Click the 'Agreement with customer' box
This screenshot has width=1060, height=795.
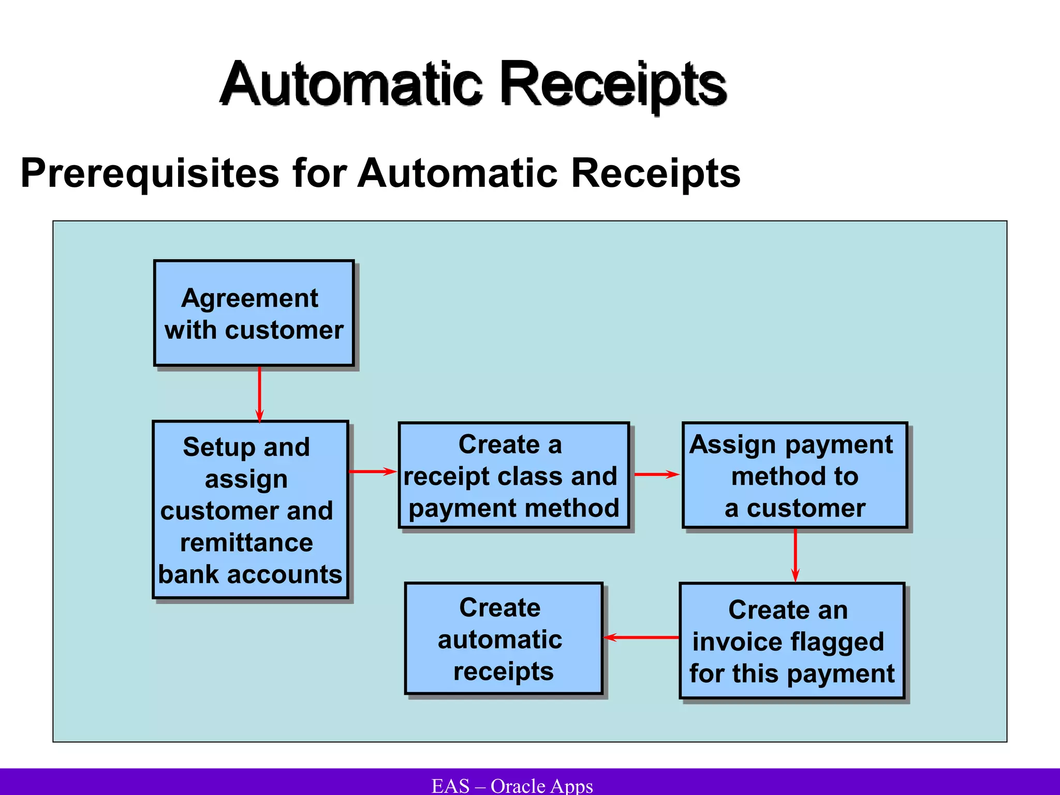point(254,314)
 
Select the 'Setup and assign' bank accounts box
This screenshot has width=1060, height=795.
point(251,510)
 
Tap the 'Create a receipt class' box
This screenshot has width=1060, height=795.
point(513,476)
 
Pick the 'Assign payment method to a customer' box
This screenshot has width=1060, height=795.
point(794,476)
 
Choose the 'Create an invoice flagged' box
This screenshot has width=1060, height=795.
point(792,641)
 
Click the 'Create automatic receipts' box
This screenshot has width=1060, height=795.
point(503,639)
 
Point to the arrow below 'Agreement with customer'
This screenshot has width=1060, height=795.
point(259,393)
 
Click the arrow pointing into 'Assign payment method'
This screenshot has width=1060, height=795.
point(656,474)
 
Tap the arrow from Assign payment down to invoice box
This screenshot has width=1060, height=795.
point(796,555)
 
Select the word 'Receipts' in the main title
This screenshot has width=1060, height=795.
point(613,85)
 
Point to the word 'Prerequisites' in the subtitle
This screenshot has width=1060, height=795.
point(150,174)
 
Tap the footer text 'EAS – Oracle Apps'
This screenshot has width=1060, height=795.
point(512,786)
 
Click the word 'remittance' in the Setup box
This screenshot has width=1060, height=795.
point(246,543)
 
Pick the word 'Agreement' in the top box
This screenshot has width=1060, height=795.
point(249,299)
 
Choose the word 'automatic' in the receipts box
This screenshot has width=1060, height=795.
point(500,640)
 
